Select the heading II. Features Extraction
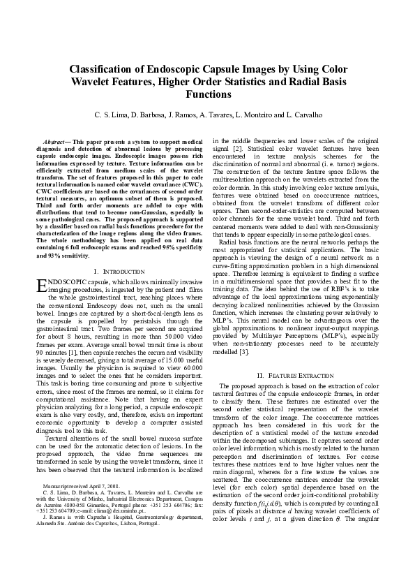pyautogui.click(x=300, y=375)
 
